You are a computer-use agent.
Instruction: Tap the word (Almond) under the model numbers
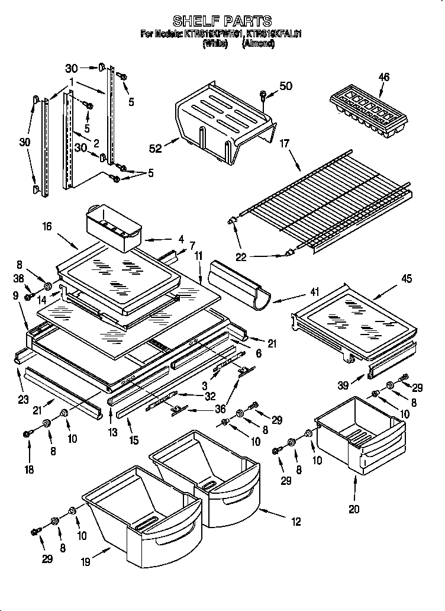(258, 44)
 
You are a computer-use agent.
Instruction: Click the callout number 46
(384, 77)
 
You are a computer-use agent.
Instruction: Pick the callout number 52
(156, 149)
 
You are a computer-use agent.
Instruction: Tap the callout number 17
(284, 142)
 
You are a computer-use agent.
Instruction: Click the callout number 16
(47, 226)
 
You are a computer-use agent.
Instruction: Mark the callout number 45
(406, 278)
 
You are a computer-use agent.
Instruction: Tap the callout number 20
(354, 508)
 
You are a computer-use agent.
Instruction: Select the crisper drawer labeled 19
(142, 509)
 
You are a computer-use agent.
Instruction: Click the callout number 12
(296, 522)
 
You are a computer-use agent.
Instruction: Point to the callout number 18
(29, 470)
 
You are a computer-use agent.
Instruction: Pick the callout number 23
(23, 399)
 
